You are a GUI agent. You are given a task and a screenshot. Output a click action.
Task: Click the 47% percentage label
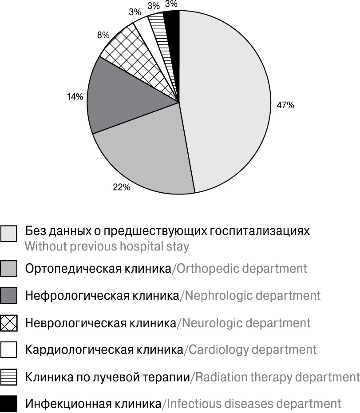tap(285, 105)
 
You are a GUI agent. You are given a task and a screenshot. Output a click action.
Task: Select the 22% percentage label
tap(121, 187)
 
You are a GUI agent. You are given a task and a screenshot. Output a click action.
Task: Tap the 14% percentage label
tap(75, 96)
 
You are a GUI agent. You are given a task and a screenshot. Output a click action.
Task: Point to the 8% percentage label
tap(103, 35)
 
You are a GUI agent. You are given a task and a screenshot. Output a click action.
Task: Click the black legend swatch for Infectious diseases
tap(9, 405)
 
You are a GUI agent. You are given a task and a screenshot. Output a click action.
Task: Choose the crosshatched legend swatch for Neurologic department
tap(9, 323)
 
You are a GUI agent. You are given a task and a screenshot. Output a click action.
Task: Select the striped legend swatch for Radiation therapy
tap(9, 377)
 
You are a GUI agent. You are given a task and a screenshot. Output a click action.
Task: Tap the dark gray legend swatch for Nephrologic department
tap(9, 295)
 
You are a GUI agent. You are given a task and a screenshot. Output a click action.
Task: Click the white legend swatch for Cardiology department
tap(9, 350)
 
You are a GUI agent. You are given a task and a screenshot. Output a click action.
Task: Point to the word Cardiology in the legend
tap(217, 350)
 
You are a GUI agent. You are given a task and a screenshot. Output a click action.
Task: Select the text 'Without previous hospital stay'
tap(107, 246)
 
